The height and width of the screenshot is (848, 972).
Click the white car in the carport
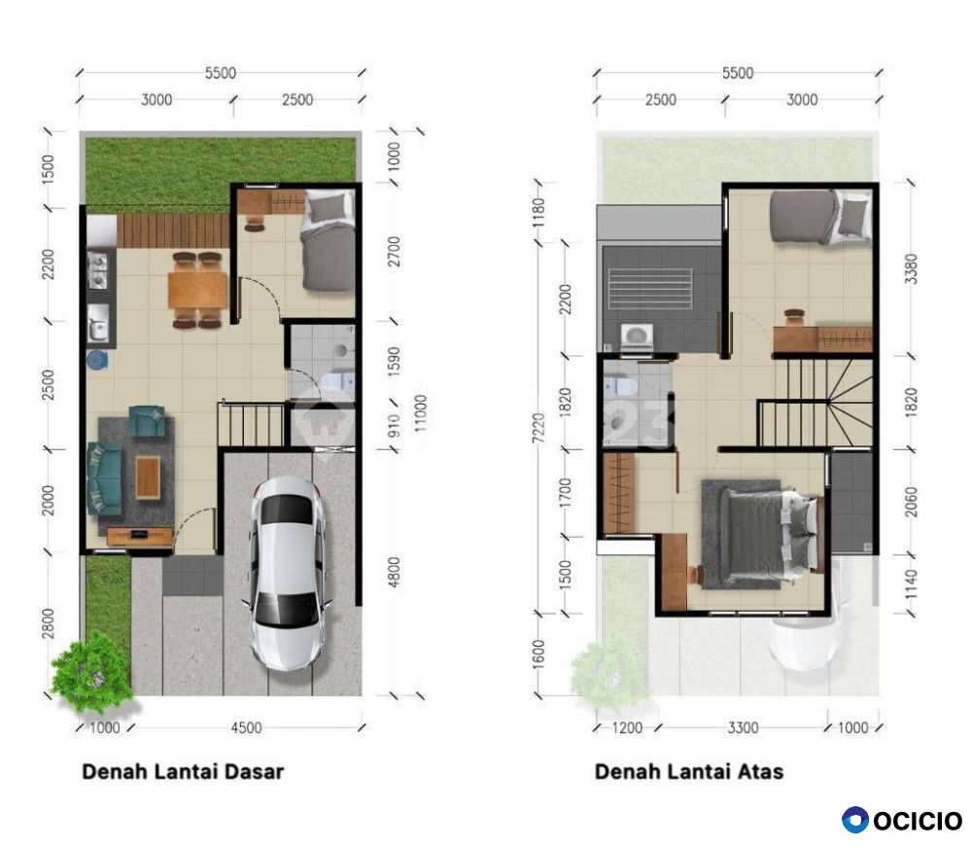point(287,574)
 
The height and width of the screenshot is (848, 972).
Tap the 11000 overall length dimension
point(420,413)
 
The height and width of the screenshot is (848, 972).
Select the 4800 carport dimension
point(394,572)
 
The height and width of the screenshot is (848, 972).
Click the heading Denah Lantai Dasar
point(183,772)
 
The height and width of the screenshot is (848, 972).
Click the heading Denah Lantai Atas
point(689,772)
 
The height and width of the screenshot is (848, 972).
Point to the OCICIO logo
point(902,820)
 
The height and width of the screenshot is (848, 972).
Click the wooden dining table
point(197,290)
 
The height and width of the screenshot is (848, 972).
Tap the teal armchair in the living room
point(148,421)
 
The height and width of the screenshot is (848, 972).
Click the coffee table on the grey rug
point(148,477)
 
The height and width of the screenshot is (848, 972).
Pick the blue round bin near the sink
point(96,360)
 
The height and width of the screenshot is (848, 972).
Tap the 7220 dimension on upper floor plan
point(538,428)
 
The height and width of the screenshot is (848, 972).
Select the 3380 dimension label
point(911,268)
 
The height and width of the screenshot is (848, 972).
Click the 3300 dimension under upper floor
point(743,727)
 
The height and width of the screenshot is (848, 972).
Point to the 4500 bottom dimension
point(246,727)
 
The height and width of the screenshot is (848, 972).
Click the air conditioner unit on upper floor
point(637,336)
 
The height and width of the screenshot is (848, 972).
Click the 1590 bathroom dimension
point(394,361)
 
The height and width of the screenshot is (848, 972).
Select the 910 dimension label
point(394,426)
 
